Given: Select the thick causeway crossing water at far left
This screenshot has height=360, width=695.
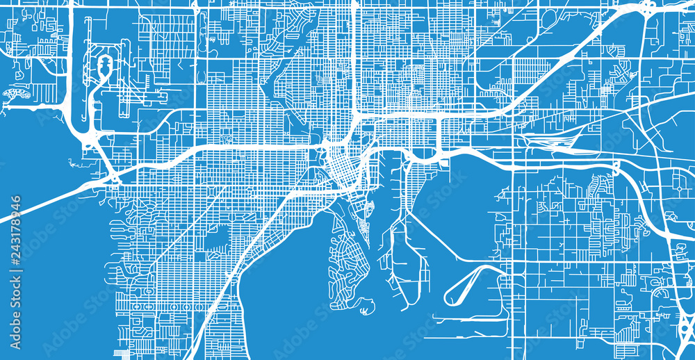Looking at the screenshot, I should click(42, 202).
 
